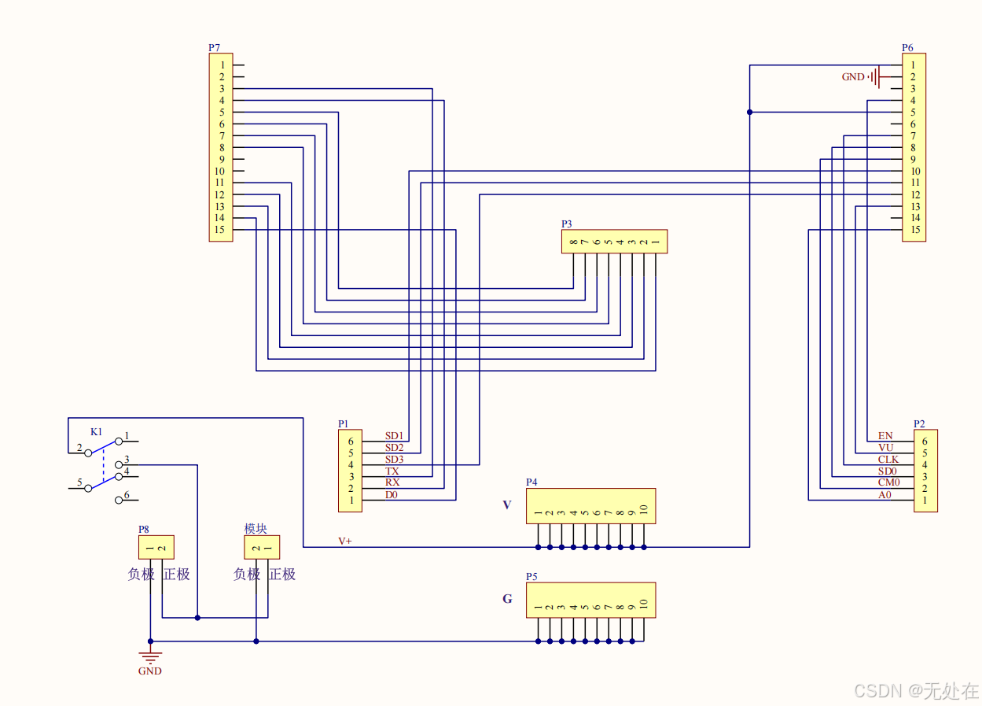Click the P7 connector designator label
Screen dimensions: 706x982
214,48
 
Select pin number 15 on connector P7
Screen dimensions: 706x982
220,230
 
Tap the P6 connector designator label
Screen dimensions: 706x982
907,48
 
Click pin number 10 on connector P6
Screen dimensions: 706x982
915,171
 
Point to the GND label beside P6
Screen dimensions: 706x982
853,77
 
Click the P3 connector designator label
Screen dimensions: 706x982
567,224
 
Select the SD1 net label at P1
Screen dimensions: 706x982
394,436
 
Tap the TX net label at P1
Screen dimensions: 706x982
392,471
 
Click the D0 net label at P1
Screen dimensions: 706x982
392,495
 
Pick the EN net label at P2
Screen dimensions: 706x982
885,436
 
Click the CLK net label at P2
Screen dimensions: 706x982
888,460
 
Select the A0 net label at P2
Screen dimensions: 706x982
885,495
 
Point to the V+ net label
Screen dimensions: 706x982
345,542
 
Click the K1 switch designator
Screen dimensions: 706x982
96,432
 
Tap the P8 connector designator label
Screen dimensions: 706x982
144,529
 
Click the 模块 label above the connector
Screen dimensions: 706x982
256,529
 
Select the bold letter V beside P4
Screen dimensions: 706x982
506,505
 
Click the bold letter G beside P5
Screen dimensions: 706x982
507,600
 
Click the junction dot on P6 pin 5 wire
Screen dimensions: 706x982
749,113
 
